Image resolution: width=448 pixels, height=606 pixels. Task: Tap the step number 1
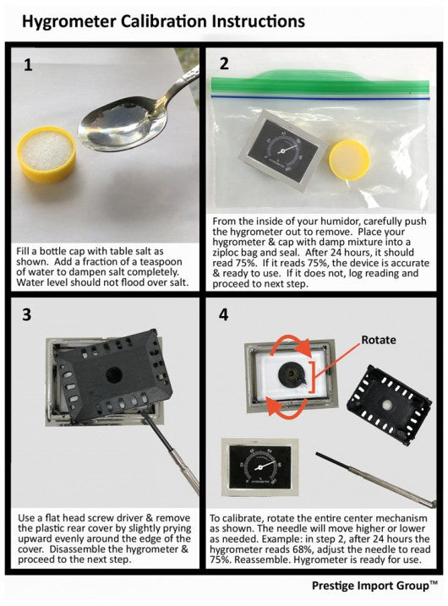(x=28, y=64)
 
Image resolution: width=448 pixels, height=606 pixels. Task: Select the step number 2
(x=224, y=63)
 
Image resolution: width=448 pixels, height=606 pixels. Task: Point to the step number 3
(x=26, y=314)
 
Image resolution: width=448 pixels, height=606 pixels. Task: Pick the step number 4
(x=223, y=314)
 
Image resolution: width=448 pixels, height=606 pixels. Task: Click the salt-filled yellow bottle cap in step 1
(x=47, y=154)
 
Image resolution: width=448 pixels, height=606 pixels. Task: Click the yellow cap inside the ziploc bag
(x=349, y=160)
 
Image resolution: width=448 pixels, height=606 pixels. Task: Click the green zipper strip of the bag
(x=320, y=83)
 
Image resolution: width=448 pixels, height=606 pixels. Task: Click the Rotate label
(x=379, y=340)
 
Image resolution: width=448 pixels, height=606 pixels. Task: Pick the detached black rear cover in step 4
(x=389, y=404)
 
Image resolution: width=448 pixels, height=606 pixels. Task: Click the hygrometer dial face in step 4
(x=260, y=467)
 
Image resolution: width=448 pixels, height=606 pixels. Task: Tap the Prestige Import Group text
(x=374, y=586)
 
